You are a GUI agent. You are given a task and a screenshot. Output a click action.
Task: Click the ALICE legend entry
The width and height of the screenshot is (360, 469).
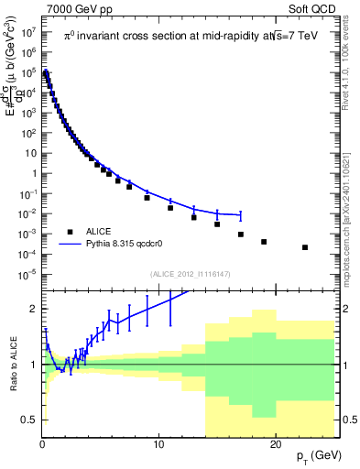(x=100, y=231)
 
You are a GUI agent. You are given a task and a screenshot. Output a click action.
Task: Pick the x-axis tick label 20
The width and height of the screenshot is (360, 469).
(x=277, y=442)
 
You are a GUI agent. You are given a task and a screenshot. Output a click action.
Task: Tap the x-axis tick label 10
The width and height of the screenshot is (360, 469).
(x=159, y=442)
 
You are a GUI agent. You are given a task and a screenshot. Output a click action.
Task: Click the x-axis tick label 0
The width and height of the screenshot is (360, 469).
(x=42, y=442)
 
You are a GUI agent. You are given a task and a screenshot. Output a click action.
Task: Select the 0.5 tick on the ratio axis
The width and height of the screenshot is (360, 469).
(x=29, y=420)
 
